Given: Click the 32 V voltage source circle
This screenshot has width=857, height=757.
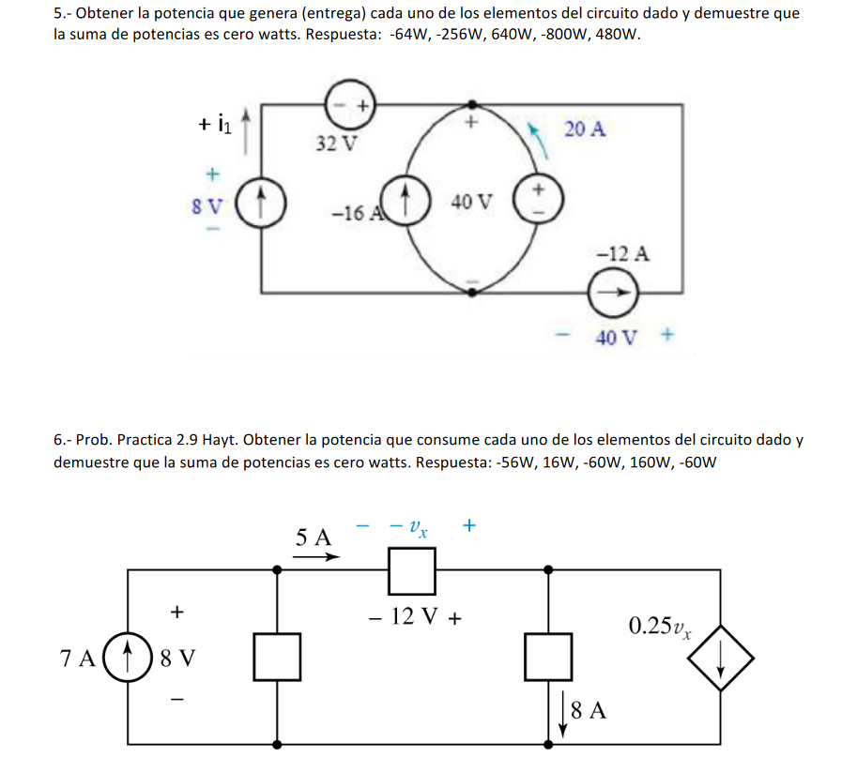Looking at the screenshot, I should click(x=350, y=104).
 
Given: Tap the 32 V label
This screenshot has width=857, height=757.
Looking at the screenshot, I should click(x=336, y=144).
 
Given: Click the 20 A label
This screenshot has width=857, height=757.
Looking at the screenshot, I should click(x=585, y=129).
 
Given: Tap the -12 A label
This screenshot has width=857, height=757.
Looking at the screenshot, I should click(x=622, y=253).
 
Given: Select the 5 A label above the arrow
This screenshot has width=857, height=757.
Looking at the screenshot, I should click(x=314, y=537).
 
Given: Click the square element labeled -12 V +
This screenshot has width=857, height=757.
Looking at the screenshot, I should click(x=412, y=570).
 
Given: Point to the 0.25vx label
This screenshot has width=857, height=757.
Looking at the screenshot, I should click(x=661, y=627).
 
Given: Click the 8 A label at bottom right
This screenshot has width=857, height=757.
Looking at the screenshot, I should click(x=588, y=710).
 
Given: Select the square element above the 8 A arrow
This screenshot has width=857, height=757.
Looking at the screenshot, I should click(x=548, y=656).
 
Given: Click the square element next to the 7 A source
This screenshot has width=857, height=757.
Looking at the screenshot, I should click(x=278, y=657).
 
